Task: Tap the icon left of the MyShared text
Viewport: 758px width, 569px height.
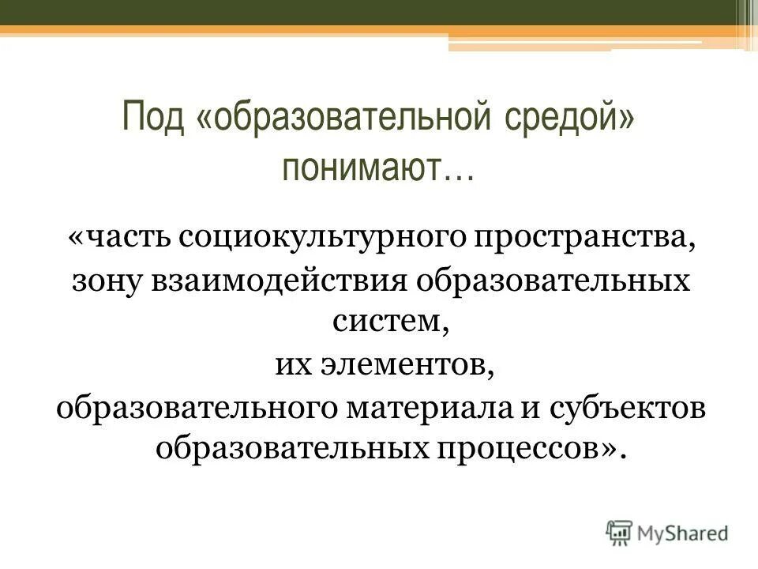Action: [620, 533]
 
